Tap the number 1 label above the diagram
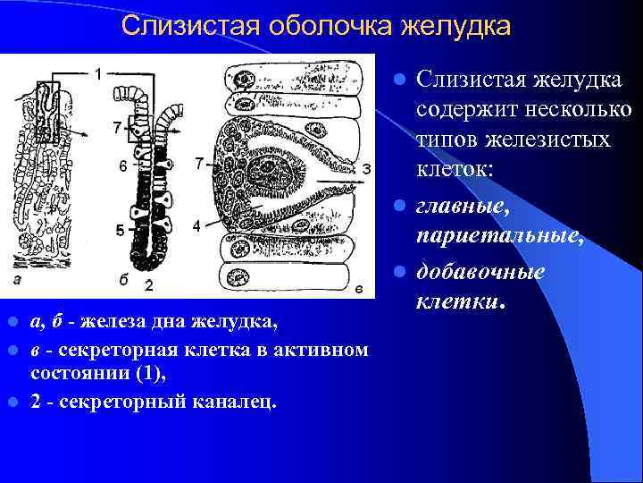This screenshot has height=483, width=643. (98, 72)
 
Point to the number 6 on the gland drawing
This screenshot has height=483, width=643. (122, 165)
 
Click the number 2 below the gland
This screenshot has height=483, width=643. (148, 285)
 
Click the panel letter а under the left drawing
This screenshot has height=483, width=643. (17, 280)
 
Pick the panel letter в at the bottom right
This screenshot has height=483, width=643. (358, 286)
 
